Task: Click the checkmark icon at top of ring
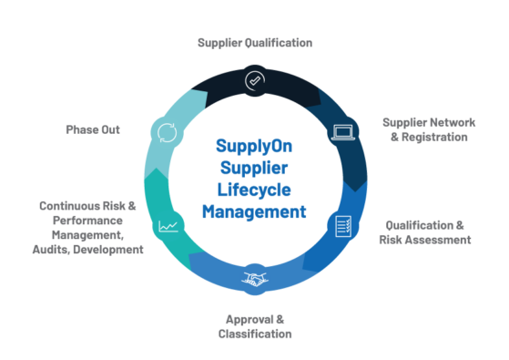click(x=254, y=81)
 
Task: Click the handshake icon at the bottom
click(x=254, y=279)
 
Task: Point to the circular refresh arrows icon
click(x=166, y=133)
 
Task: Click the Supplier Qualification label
click(x=255, y=43)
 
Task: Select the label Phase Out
click(x=93, y=129)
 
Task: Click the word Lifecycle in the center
click(x=255, y=190)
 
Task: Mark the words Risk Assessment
click(x=425, y=240)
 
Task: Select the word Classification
click(x=255, y=334)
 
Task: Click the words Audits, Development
click(x=93, y=249)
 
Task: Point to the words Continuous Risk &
click(x=88, y=206)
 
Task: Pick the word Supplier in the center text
click(x=255, y=168)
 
